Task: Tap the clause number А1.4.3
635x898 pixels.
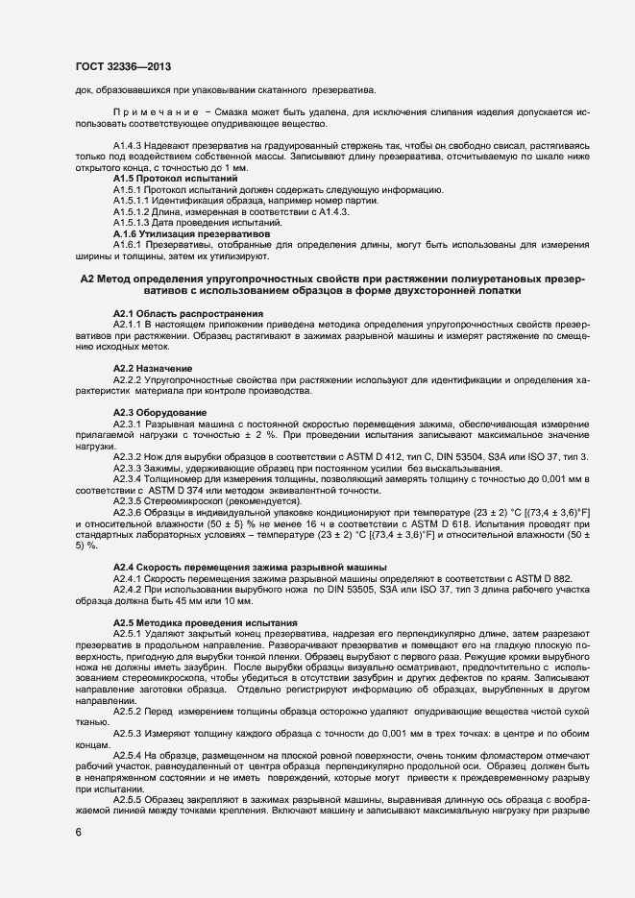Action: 131,146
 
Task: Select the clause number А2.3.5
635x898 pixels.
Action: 131,500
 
